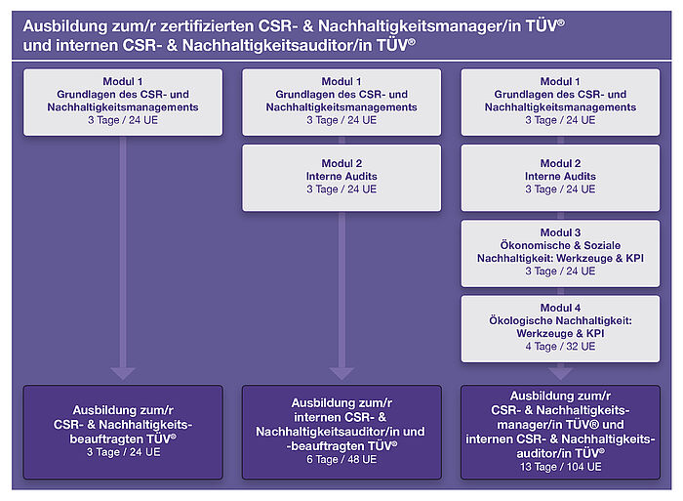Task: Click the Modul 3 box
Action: [x=560, y=253]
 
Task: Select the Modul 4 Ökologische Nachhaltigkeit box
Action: [x=560, y=329]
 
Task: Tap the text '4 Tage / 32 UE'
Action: [x=560, y=347]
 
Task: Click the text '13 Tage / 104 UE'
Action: [x=560, y=467]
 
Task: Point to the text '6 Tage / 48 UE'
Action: [x=341, y=459]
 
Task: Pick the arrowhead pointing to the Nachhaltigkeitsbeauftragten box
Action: [x=123, y=374]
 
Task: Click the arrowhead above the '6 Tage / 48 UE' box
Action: [x=341, y=374]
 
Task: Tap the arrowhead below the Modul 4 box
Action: [x=560, y=374]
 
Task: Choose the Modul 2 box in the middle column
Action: [x=341, y=178]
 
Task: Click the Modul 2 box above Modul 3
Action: [x=560, y=178]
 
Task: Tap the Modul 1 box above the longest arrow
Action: [x=123, y=103]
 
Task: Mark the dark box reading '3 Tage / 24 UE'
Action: [x=123, y=432]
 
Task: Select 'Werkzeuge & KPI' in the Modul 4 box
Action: [x=560, y=334]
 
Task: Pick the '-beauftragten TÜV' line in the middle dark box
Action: [x=341, y=446]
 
